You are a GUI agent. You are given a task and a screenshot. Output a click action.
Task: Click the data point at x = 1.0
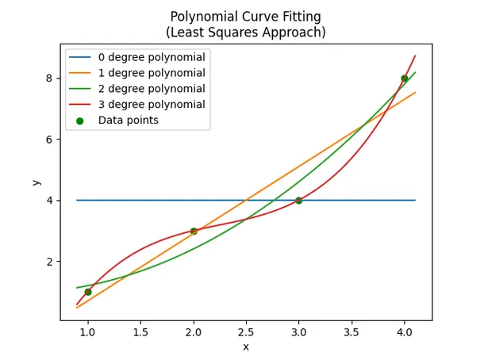click(87, 292)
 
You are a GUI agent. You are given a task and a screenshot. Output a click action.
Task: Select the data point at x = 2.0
click(194, 231)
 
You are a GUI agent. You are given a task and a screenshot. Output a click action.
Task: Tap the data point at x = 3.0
click(299, 201)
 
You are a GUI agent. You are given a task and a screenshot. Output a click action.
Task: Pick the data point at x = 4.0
click(405, 79)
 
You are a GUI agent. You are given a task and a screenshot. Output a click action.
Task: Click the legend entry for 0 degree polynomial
click(151, 57)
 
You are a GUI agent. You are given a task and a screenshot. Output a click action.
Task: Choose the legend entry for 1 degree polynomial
click(151, 73)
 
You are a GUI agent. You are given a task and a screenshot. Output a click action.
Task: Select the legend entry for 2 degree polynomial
click(151, 89)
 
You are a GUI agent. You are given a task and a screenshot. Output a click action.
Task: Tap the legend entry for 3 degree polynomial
click(151, 105)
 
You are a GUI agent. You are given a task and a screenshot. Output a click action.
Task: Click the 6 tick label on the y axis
click(49, 140)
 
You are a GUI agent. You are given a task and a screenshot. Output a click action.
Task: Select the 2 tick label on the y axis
click(49, 262)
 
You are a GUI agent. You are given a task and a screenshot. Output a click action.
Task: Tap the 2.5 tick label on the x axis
click(246, 333)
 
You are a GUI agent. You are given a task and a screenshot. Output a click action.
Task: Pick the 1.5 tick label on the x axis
click(140, 333)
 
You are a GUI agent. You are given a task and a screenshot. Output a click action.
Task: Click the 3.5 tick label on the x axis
click(351, 333)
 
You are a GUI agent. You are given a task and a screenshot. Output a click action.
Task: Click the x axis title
click(246, 347)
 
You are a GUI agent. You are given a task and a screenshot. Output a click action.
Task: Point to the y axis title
click(36, 182)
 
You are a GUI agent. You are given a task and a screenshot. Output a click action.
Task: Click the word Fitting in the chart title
click(301, 17)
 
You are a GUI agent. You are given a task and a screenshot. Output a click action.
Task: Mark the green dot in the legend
click(80, 121)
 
